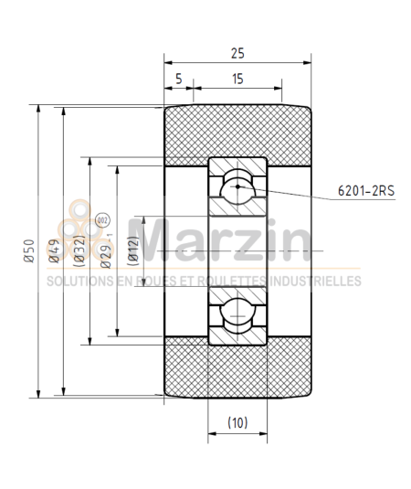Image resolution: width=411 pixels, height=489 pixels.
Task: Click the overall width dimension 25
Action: point(237,55)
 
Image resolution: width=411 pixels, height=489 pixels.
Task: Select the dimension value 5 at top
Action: point(178,80)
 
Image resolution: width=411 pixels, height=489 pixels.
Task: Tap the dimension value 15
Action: point(237,80)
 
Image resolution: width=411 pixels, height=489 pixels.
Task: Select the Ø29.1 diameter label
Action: point(107,250)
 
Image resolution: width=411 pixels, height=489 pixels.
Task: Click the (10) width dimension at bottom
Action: point(237,423)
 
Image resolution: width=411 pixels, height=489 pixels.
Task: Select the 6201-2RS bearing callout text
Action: point(364,193)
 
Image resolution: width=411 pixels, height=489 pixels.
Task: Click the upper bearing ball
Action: point(237,186)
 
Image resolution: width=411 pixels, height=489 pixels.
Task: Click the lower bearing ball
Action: point(237,315)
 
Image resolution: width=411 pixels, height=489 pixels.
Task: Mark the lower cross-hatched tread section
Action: point(237,370)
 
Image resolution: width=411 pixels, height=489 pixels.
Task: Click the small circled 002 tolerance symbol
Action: point(101,220)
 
